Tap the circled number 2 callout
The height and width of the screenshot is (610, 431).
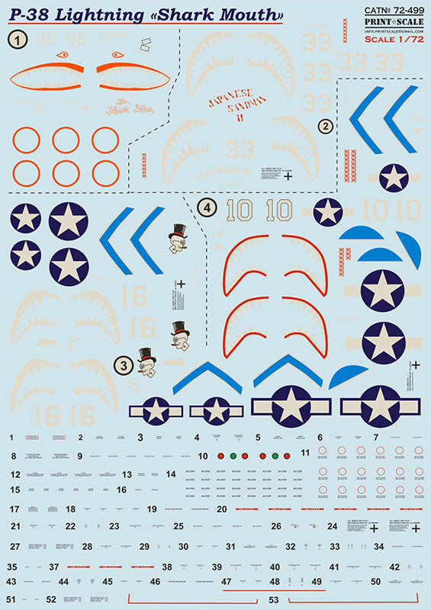pyautogui.click(x=326, y=126)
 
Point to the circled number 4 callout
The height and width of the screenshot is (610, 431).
pyautogui.click(x=204, y=207)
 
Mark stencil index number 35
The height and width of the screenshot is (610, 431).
pyautogui.click(x=11, y=567)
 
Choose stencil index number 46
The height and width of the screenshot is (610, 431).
pyautogui.click(x=155, y=582)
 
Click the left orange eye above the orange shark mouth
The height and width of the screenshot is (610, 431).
pyautogui.click(x=62, y=55)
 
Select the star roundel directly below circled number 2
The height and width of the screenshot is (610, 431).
pyautogui.click(x=394, y=177)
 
